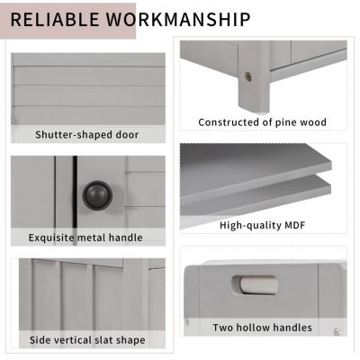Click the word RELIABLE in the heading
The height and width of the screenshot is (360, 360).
[x=57, y=19]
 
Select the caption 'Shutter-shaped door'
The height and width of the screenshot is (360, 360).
[x=87, y=135]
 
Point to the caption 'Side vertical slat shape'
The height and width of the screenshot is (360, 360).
[x=87, y=340]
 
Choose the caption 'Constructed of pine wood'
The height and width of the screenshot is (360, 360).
[x=262, y=121]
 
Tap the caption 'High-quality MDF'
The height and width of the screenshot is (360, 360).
[x=261, y=225]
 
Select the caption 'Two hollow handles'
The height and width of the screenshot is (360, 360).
[x=262, y=328]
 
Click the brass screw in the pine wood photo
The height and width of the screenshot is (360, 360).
[x=247, y=77]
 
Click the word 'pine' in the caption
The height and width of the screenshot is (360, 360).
[x=288, y=121]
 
